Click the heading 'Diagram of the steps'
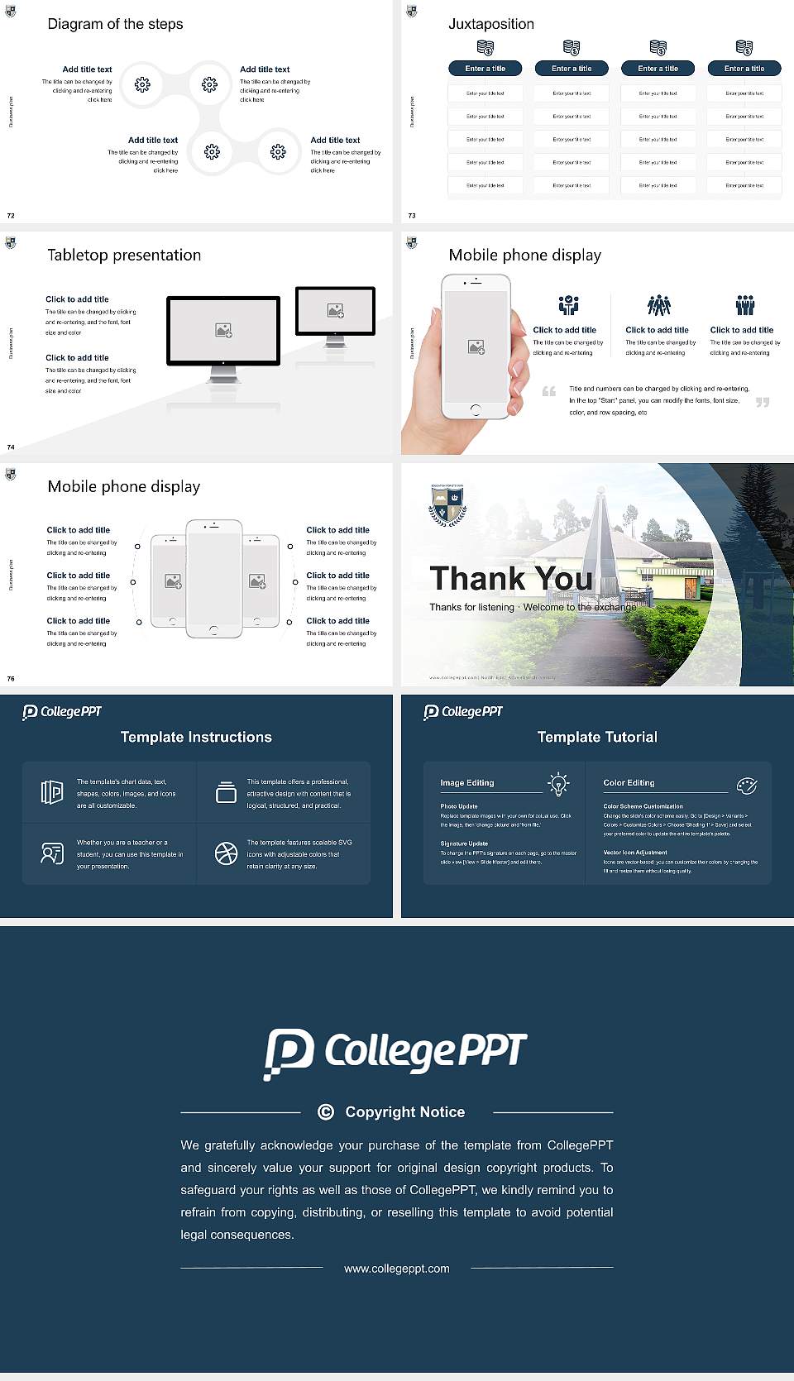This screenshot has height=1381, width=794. click(x=115, y=24)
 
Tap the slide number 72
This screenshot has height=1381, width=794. click(x=11, y=216)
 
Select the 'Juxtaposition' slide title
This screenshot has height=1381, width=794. click(x=490, y=24)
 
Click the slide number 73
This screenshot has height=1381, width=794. click(x=412, y=216)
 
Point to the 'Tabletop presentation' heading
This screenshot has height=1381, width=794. click(x=124, y=256)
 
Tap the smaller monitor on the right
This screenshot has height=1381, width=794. click(x=335, y=312)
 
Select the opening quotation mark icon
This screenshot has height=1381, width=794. click(x=549, y=391)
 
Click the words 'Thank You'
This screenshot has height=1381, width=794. click(x=511, y=579)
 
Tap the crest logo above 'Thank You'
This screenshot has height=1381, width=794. click(x=447, y=505)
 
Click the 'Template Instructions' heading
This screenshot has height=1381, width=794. click(x=196, y=737)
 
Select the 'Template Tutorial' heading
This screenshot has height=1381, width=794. click(x=597, y=737)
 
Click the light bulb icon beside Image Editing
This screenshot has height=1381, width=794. click(x=558, y=784)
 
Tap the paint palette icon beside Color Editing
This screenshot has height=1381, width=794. click(x=747, y=786)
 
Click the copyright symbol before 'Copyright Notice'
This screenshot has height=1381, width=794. click(x=326, y=1112)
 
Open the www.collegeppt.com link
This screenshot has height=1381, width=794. click(x=397, y=1269)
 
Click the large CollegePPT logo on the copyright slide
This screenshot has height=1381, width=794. click(x=395, y=1053)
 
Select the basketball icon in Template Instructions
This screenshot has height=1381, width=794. click(x=226, y=853)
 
